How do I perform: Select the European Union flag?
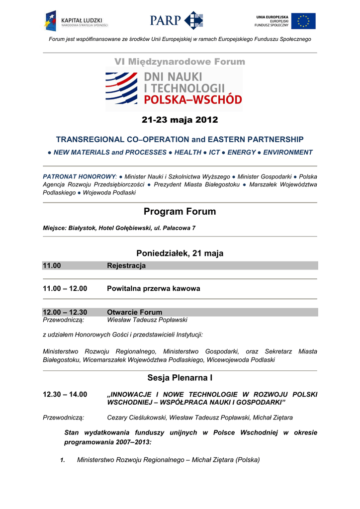303,21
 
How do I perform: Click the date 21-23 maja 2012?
180,120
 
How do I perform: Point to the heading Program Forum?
180,212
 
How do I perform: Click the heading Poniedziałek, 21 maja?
180,254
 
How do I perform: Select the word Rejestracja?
126,266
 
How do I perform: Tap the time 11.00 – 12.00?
65,288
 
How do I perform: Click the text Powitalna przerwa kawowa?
154,288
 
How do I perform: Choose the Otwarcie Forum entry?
135,312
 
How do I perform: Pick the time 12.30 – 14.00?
65,394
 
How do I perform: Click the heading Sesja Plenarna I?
180,378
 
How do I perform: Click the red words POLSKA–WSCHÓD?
193,99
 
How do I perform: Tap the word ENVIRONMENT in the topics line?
288,152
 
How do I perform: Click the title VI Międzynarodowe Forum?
180,62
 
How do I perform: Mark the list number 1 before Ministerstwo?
63,460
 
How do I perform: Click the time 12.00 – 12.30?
65,312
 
